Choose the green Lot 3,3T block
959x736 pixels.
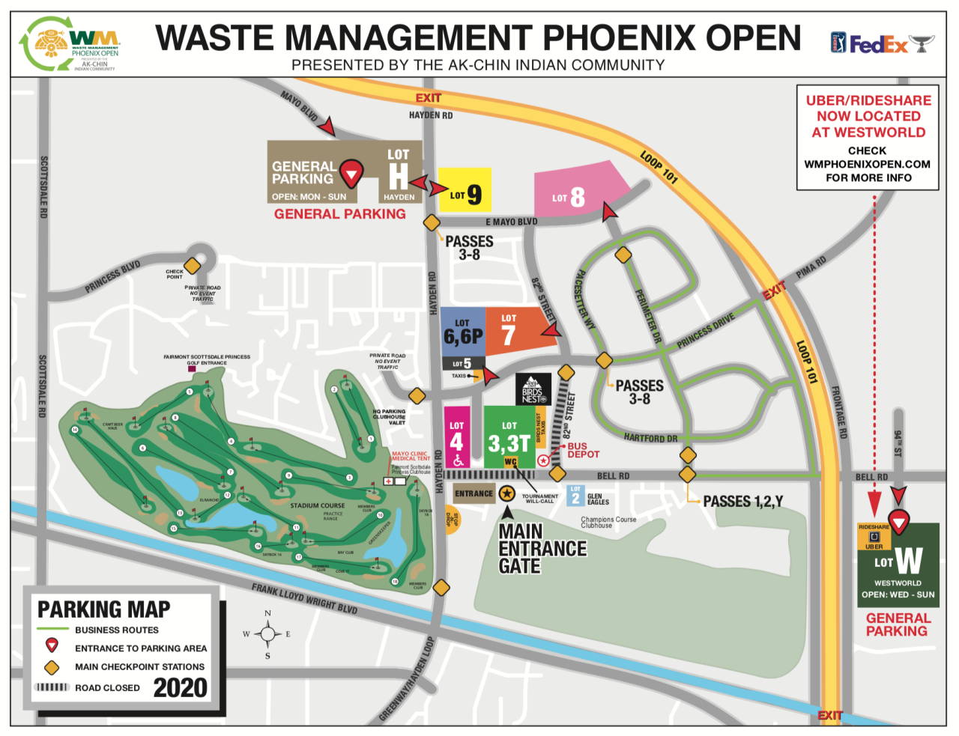(x=509, y=437)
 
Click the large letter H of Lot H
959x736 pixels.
(x=399, y=177)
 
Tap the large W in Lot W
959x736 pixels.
(x=908, y=560)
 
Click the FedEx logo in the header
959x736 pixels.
(x=878, y=45)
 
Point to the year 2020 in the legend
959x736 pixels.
(x=180, y=687)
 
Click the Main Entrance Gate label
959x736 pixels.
(x=542, y=549)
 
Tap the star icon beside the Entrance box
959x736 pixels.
(x=507, y=493)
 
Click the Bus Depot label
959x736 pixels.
(x=583, y=450)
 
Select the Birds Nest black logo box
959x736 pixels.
(x=533, y=389)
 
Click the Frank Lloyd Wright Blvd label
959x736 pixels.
(x=304, y=599)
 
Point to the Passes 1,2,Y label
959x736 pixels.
(x=742, y=502)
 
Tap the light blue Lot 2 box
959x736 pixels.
(x=575, y=496)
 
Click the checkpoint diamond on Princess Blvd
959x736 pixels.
(x=193, y=266)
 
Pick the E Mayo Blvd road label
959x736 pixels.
(x=511, y=222)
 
